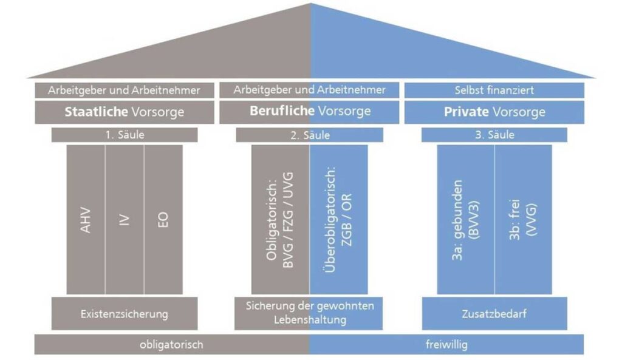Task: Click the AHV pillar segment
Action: [x=86, y=219]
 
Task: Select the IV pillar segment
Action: [x=125, y=219]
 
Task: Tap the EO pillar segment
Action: [x=163, y=219]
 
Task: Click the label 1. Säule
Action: [x=125, y=135]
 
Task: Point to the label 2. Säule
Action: [x=309, y=135]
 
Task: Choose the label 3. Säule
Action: [x=494, y=135]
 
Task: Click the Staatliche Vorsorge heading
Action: [x=125, y=112]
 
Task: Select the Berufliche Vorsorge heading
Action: [x=309, y=112]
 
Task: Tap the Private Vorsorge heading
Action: [x=494, y=112]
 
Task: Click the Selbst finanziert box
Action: [x=494, y=90]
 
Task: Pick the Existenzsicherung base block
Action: [x=125, y=314]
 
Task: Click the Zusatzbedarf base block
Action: [x=494, y=314]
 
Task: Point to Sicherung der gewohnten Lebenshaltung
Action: [x=309, y=313]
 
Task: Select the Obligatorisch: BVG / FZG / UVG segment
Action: [x=280, y=219]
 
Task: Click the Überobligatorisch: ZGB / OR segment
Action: [x=338, y=219]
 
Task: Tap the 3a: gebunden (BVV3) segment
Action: [x=466, y=219]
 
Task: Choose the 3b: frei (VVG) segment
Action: [x=523, y=219]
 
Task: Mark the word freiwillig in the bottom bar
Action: [x=446, y=345]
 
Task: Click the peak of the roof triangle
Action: [x=310, y=5]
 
